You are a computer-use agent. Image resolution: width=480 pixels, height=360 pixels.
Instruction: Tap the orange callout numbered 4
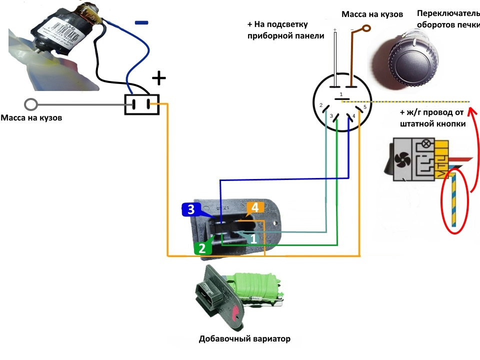254,207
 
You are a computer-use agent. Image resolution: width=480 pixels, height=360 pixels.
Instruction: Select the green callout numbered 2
202,247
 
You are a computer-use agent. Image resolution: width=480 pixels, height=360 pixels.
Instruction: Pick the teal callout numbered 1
253,239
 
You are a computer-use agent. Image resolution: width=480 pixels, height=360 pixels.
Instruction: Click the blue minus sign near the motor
142,22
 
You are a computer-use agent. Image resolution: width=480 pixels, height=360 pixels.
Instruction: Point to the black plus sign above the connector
158,77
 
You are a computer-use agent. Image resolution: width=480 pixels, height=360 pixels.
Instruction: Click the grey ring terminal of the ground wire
31,104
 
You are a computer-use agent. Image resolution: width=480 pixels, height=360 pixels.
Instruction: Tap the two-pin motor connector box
141,104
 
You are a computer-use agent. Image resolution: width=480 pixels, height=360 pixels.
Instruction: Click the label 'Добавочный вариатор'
244,339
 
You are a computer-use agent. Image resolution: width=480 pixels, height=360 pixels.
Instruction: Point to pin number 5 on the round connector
365,106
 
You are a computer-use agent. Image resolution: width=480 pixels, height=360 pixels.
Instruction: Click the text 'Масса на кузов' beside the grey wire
32,118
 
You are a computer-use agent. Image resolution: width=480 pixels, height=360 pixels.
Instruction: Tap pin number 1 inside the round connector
341,94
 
